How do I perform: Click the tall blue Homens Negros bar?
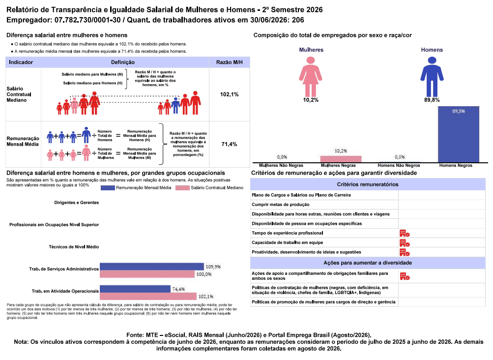click(459, 134)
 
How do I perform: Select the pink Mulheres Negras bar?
click(341, 159)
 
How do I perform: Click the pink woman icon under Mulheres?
click(311, 76)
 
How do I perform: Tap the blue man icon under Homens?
click(432, 76)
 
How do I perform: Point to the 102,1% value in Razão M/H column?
click(229, 94)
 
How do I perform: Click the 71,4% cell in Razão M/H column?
click(229, 144)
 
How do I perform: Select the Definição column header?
click(123, 62)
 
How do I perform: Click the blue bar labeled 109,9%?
click(152, 267)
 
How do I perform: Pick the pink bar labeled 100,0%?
click(147, 274)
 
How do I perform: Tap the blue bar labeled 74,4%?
click(135, 289)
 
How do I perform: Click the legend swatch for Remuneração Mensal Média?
click(108, 188)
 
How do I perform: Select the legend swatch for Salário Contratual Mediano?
click(182, 188)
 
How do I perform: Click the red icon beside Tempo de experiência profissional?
click(405, 233)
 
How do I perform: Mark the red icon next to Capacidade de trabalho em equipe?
click(405, 243)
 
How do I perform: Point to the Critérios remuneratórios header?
click(368, 184)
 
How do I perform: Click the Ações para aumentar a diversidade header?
click(368, 263)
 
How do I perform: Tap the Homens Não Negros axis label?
click(399, 166)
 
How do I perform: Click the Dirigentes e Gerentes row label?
click(76, 203)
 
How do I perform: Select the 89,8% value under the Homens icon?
click(432, 100)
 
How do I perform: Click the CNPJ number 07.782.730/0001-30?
click(87, 20)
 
